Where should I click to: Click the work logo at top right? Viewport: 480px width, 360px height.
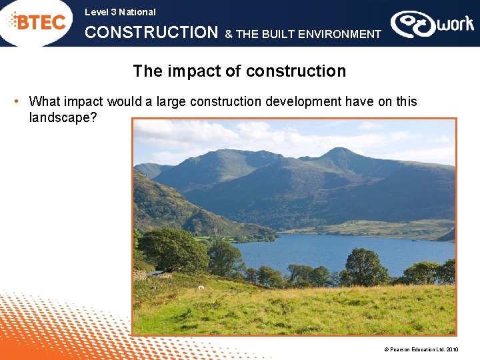(x=432, y=24)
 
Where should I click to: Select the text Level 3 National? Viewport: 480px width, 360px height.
(x=120, y=12)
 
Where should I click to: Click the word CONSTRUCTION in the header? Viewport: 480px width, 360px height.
(x=151, y=33)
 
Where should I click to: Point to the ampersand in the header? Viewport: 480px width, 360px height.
(x=229, y=34)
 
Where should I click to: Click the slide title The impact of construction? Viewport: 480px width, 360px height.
(x=239, y=71)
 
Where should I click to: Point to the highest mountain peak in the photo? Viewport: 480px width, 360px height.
(x=341, y=150)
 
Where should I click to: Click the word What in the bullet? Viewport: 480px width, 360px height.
(x=44, y=101)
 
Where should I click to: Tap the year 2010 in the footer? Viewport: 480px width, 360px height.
(x=452, y=349)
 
